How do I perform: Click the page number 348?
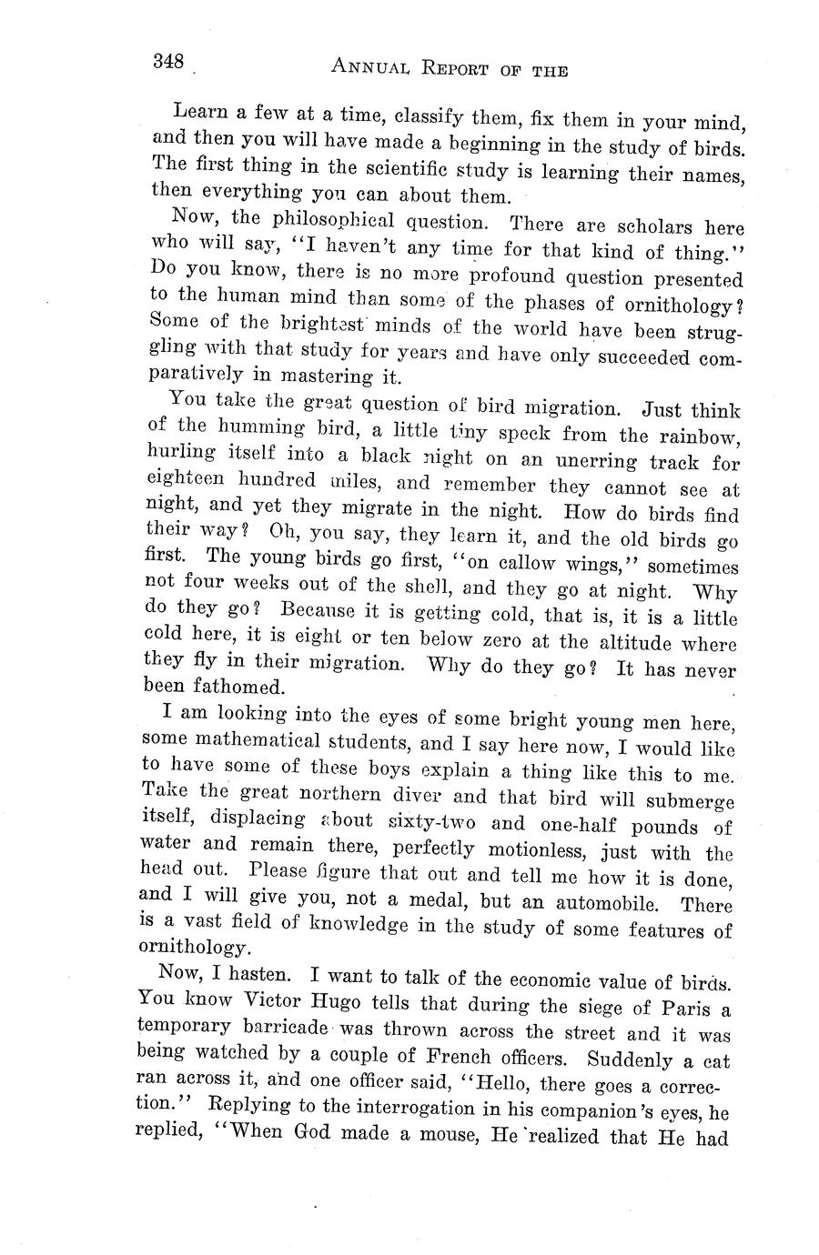click(168, 62)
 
